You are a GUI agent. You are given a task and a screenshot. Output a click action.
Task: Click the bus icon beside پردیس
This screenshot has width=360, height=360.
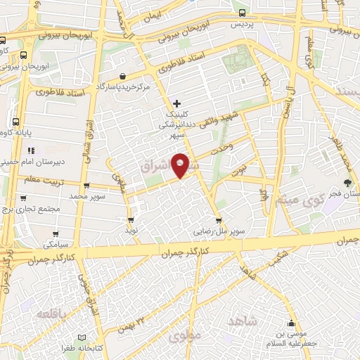(x=243, y=12)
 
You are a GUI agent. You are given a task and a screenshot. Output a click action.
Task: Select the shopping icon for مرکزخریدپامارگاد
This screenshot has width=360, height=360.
(x=123, y=76)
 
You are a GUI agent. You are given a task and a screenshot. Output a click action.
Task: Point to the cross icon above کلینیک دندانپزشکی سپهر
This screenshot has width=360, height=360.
(x=176, y=103)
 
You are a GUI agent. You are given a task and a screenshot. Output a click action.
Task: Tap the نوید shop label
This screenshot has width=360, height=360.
(x=131, y=230)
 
